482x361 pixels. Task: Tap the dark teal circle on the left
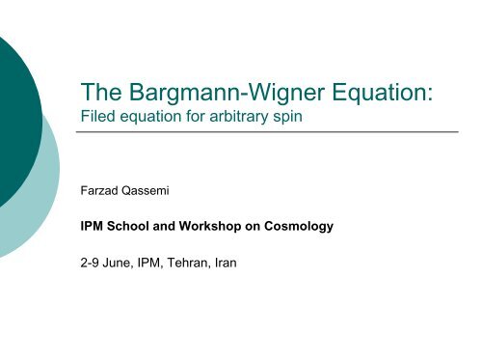[x=14, y=106]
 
